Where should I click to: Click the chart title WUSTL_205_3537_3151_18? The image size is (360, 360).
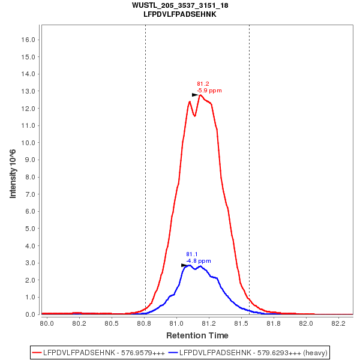[x=180, y=5]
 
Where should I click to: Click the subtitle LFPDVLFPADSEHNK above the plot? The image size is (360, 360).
[x=180, y=14]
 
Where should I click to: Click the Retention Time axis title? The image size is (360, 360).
[x=197, y=335]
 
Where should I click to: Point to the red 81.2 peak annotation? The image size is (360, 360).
[x=203, y=84]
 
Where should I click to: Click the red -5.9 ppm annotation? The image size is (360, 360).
[x=209, y=91]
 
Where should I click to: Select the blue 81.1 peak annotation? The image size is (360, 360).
[x=192, y=254]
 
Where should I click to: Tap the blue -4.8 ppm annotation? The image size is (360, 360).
[x=198, y=261]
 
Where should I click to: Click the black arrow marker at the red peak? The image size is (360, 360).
[x=195, y=95]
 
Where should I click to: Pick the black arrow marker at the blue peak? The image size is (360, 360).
[x=184, y=265]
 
